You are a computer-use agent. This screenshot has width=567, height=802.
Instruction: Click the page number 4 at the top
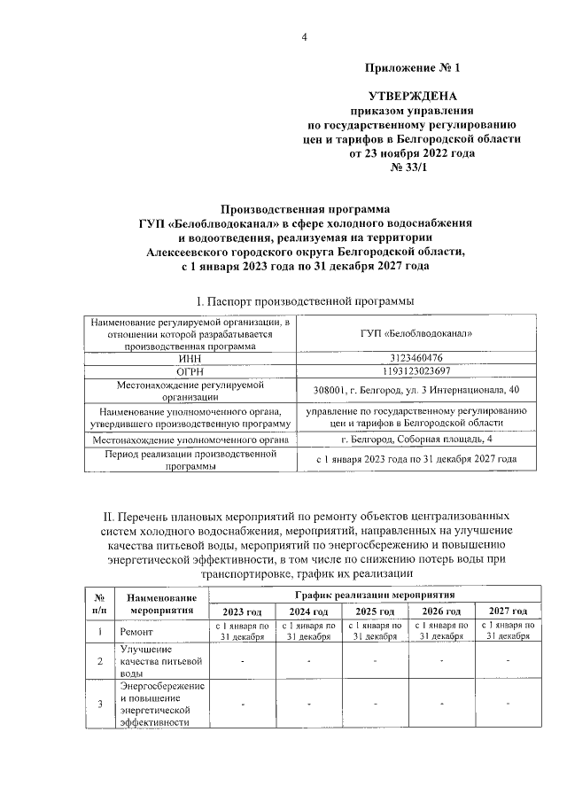coord(304,37)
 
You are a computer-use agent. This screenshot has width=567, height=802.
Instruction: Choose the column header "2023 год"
coord(241,612)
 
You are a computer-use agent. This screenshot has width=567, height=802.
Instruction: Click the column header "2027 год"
coord(508,612)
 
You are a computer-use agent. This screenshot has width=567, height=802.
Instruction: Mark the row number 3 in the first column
coord(99,704)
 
